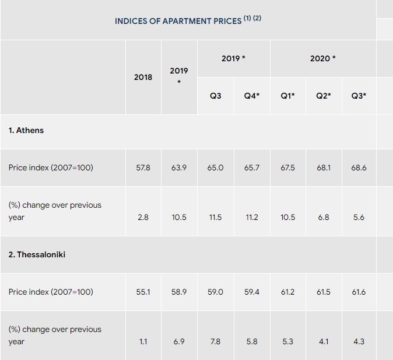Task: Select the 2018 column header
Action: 143,77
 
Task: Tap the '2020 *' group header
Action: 322,58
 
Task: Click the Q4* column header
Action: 251,96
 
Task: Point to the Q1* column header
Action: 288,96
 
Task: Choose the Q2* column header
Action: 323,96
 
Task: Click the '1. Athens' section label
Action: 26,130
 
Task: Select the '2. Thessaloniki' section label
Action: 37,255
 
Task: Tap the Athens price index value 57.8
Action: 143,167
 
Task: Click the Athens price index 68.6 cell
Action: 359,167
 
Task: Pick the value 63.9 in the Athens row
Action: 179,167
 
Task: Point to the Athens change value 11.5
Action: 215,217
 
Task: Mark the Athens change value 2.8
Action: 143,217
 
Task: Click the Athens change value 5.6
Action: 359,217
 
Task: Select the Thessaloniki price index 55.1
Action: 143,292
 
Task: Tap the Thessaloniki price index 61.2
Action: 288,292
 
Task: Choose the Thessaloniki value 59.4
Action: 251,292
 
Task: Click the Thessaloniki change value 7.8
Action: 215,341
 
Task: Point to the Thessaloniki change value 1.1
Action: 143,341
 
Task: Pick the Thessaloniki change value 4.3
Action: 359,341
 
